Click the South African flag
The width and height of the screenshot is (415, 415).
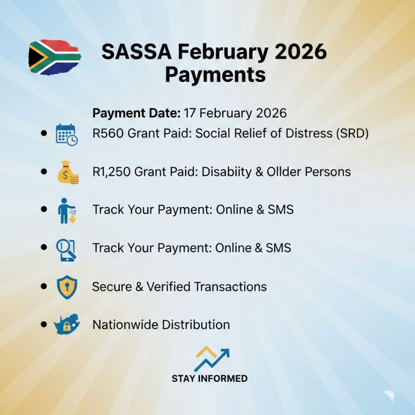(x=55, y=57)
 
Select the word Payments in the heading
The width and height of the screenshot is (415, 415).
(x=215, y=75)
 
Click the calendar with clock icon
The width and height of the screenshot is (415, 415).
(x=66, y=134)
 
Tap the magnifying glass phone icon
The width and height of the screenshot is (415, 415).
(x=66, y=249)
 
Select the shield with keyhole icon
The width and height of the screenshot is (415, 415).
(x=66, y=287)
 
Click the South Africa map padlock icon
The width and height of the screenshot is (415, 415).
(x=67, y=325)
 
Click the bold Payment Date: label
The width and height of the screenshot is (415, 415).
(x=136, y=113)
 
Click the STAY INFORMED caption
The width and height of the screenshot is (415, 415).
(x=209, y=378)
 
